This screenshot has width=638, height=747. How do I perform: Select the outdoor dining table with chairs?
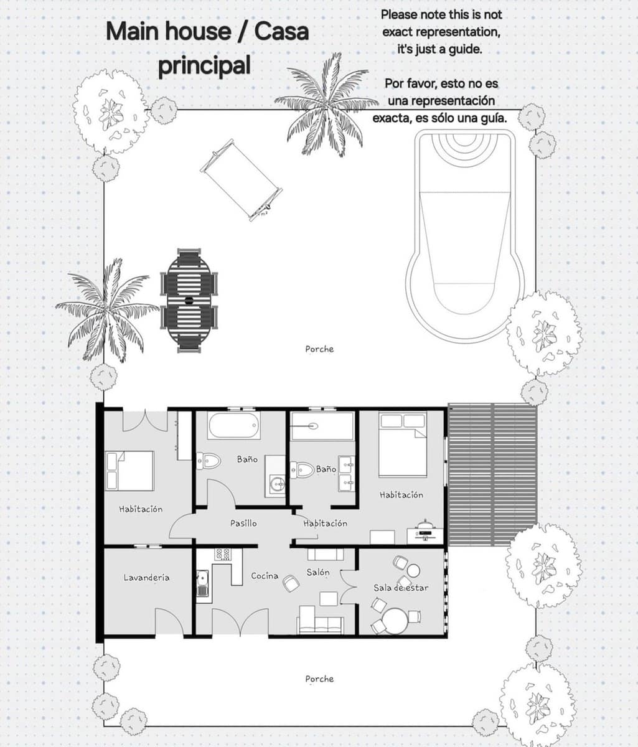[x=189, y=301]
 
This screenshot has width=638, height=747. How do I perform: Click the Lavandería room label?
[x=146, y=578]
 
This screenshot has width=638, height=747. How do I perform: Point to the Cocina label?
[x=265, y=576]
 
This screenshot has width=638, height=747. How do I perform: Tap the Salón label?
[x=318, y=572]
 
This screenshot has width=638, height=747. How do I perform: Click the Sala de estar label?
[x=401, y=588]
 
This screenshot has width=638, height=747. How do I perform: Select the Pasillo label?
[x=243, y=524]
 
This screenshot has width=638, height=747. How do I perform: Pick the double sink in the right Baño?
[x=346, y=472]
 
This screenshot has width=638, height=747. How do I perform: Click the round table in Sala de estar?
[x=395, y=621]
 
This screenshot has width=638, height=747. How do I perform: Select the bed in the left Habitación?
[x=130, y=471]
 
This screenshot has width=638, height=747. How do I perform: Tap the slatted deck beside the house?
[x=492, y=474]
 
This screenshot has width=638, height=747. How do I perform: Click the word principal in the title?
[x=204, y=65]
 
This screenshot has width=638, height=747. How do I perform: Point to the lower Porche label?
[x=319, y=679]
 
